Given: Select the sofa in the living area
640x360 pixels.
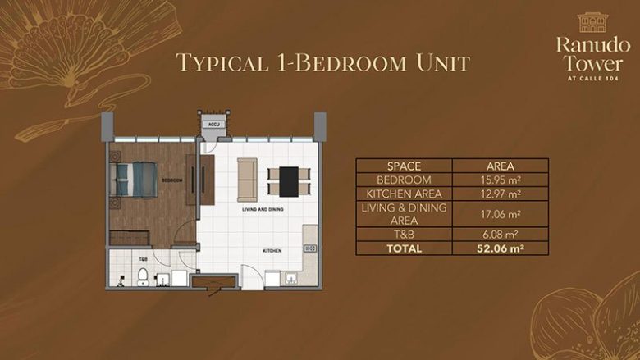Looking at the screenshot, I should coord(247,180).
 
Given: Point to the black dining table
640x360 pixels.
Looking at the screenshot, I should coord(290,180).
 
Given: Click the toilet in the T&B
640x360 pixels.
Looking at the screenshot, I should coord(143,274).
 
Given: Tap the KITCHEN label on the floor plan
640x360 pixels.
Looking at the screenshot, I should coord(272,249).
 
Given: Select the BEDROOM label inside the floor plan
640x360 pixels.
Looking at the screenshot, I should coord(171,180).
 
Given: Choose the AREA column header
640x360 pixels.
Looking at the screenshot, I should coord(501,166).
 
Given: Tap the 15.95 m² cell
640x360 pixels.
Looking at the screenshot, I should coord(501,180).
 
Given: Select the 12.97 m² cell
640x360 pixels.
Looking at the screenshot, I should coord(501,194).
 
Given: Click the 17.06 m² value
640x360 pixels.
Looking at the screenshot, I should coord(501,214).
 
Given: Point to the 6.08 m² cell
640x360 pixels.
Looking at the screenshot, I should coord(501,234).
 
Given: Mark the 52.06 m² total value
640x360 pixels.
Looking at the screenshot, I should coord(501,248).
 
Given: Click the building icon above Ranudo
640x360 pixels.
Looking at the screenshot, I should coord(591,22).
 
